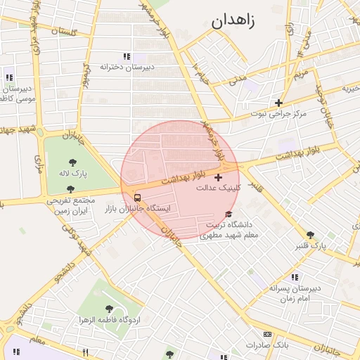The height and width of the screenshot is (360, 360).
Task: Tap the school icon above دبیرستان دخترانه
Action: pyautogui.click(x=127, y=56)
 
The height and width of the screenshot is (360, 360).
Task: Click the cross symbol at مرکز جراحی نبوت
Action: pyautogui.click(x=279, y=103)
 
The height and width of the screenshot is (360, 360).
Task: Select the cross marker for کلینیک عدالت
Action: pyautogui.click(x=218, y=176)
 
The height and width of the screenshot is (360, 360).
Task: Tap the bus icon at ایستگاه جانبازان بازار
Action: pyautogui.click(x=137, y=198)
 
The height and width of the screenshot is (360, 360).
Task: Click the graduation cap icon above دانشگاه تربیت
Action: pyautogui.click(x=228, y=214)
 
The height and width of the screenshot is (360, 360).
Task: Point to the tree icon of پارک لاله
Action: pyautogui.click(x=72, y=162)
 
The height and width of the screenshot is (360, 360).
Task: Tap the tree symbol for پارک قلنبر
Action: pyautogui.click(x=310, y=234)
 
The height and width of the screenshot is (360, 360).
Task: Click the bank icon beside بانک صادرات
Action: pyautogui.click(x=266, y=334)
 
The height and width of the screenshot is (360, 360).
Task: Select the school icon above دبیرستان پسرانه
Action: pyautogui.click(x=294, y=277)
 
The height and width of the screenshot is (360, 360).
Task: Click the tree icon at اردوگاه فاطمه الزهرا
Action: pyautogui.click(x=109, y=309)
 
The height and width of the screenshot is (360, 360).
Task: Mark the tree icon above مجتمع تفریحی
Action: pyautogui.click(x=70, y=188)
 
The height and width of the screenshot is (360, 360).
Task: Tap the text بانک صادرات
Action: pyautogui.click(x=267, y=345)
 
